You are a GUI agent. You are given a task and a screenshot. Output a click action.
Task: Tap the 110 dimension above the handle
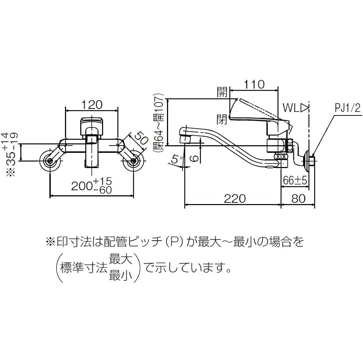[254, 84]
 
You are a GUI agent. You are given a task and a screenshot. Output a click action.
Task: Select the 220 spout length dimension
[234, 199]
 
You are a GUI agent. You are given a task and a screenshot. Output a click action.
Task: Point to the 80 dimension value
[298, 199]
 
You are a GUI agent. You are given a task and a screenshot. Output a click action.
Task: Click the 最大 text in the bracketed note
[121, 260]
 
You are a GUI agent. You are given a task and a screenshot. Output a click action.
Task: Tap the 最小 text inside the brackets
[121, 276]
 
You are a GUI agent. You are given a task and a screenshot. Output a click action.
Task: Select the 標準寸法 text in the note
[85, 269]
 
